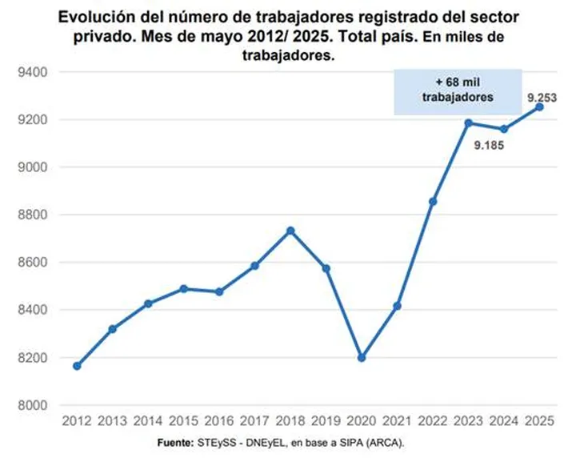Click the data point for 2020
362,358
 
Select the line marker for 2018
290,231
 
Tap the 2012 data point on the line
77,366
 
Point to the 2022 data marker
433,201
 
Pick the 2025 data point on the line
539,106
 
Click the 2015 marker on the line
184,288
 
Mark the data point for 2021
398,306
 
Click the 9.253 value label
541,98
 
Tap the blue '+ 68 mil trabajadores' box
458,91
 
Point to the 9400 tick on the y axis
34,72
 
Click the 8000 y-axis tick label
34,405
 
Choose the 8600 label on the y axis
34,263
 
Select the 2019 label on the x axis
326,421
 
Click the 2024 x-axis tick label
504,421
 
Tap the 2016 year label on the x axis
219,421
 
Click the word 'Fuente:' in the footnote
174,442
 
